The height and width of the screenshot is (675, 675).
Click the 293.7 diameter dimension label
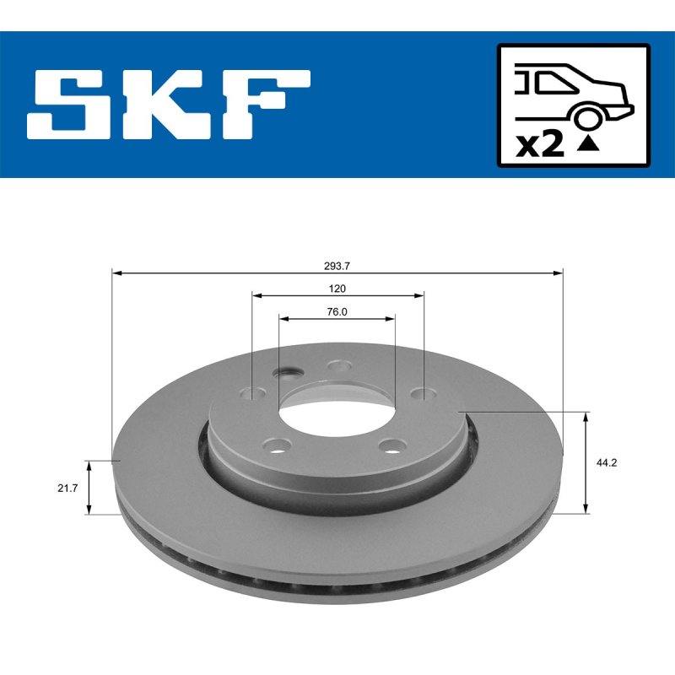[337, 266]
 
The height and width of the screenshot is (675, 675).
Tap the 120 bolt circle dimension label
[337, 289]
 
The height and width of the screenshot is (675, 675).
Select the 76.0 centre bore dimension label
[337, 311]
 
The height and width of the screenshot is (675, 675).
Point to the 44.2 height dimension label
[607, 462]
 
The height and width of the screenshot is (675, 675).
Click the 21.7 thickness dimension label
[67, 489]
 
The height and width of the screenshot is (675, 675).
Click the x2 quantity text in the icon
[540, 145]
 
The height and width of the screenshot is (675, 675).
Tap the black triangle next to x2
[587, 143]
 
